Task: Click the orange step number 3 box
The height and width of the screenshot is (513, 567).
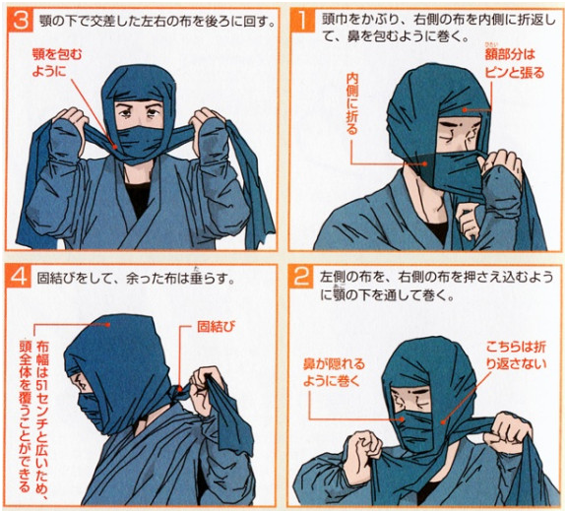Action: (20, 21)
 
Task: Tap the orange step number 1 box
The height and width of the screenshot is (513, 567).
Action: (302, 21)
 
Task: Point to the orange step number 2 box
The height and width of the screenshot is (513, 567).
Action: (301, 277)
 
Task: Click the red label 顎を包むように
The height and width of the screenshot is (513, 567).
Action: (57, 63)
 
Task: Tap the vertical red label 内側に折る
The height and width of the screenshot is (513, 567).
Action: (351, 103)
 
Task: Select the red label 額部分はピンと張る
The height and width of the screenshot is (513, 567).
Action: (514, 64)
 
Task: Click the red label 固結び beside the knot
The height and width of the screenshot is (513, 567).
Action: (216, 326)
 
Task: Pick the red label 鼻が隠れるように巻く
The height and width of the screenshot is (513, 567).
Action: (334, 372)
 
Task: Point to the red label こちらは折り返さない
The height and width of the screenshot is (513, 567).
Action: (516, 355)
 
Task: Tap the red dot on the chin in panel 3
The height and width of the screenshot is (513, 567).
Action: (115, 147)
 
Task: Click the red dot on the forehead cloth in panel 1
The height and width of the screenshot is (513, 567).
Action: (464, 109)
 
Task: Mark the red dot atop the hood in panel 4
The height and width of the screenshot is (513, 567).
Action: (107, 325)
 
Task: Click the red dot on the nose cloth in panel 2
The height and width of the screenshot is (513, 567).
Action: (402, 419)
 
